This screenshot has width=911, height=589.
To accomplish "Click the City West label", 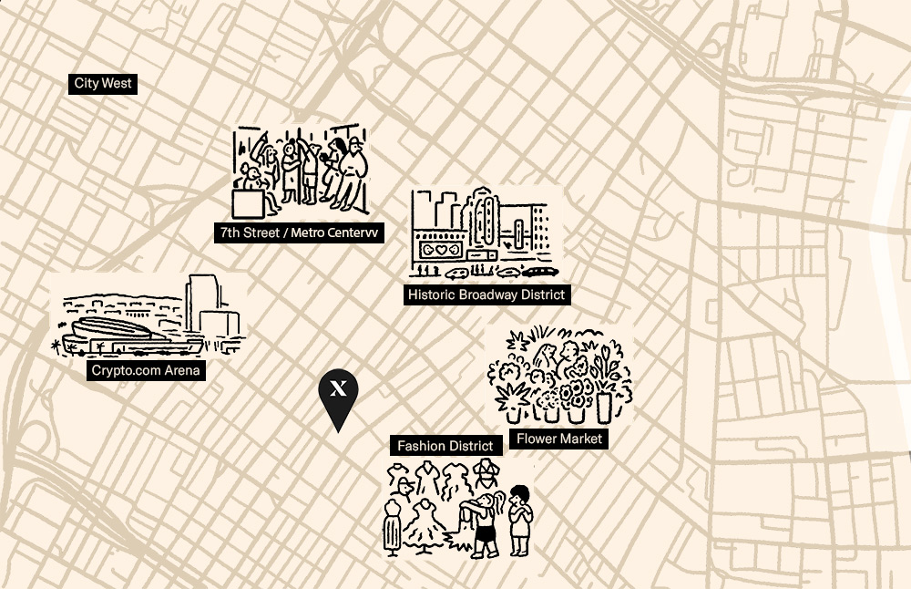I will click(x=104, y=84).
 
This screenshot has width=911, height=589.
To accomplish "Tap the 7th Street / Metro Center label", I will click(x=300, y=232).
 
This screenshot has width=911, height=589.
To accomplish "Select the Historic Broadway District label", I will click(x=486, y=294).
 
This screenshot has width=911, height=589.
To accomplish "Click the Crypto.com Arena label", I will click(x=146, y=370).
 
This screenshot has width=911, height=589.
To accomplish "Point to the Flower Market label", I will click(x=559, y=439).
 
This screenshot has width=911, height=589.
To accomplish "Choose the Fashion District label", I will click(x=445, y=446).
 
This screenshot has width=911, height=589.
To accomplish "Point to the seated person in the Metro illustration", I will click(x=254, y=178).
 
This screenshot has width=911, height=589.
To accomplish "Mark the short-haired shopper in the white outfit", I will click(x=519, y=520).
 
